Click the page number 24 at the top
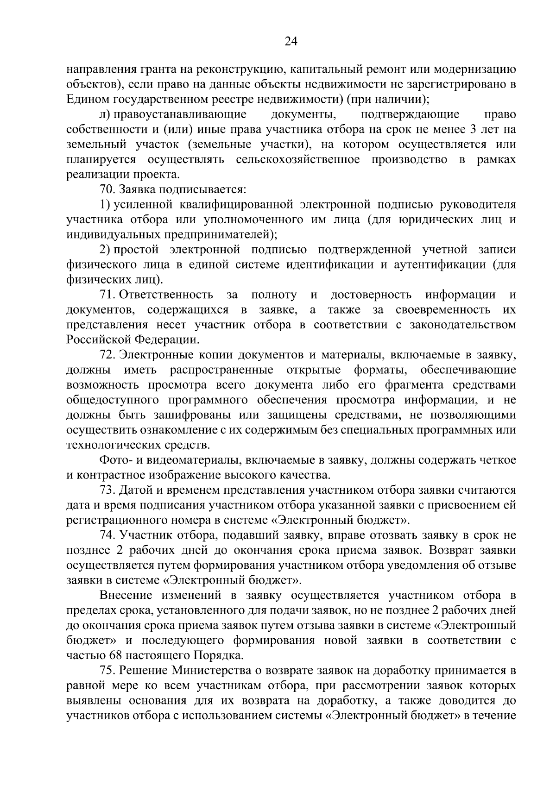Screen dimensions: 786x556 point(291,42)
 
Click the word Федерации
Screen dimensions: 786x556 point(167,340)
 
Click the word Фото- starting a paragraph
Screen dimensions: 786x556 point(115,460)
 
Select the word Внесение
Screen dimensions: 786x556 point(126,596)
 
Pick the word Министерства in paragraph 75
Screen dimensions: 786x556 point(211,671)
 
